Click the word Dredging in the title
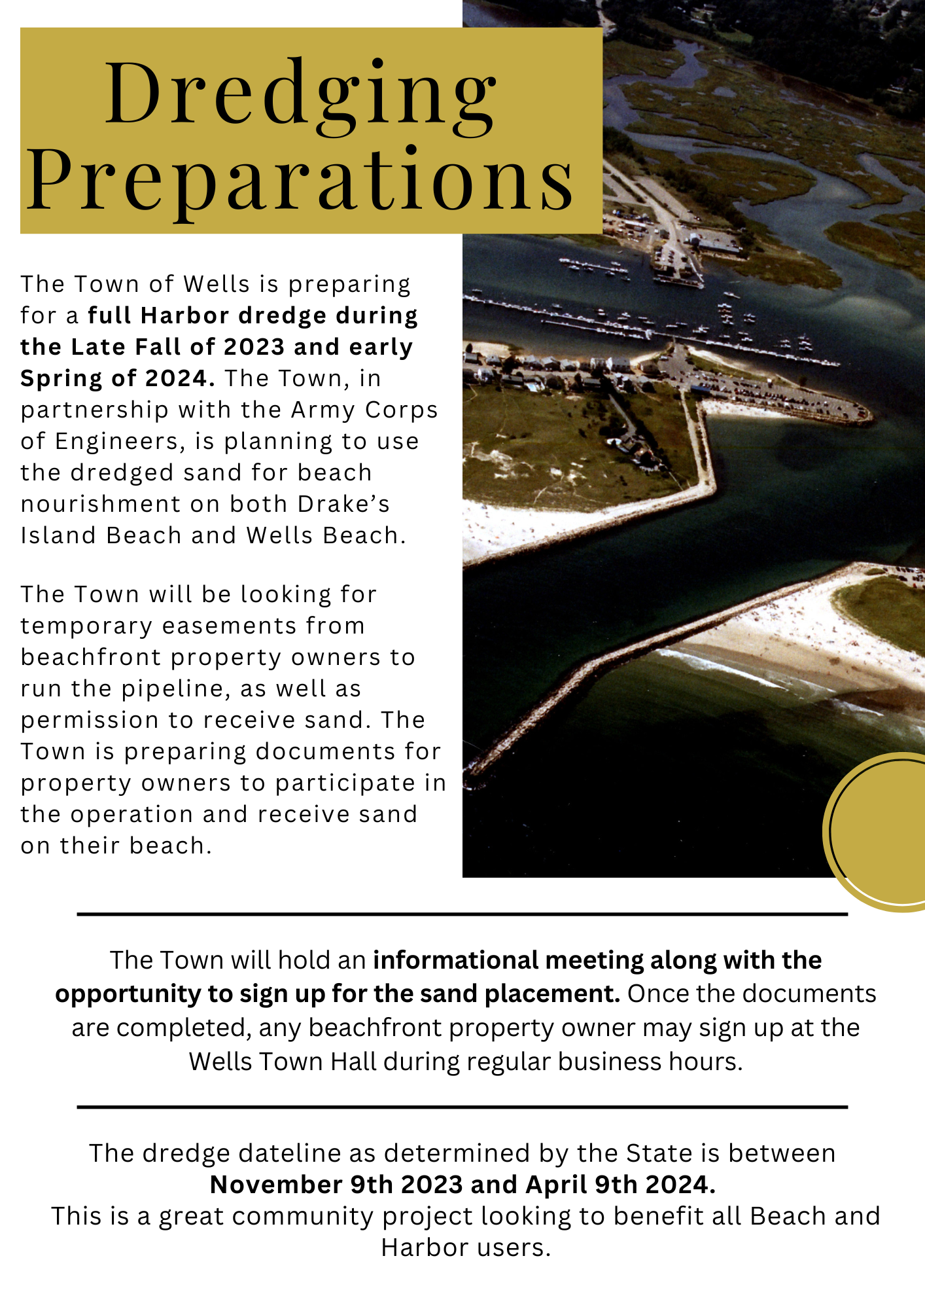(301, 94)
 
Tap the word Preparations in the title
(301, 179)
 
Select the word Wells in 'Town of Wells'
(217, 284)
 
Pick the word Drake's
(344, 504)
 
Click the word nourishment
(101, 504)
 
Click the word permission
(90, 720)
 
